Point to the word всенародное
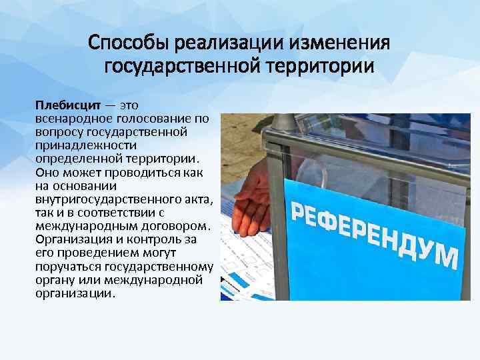coord(70,118)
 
